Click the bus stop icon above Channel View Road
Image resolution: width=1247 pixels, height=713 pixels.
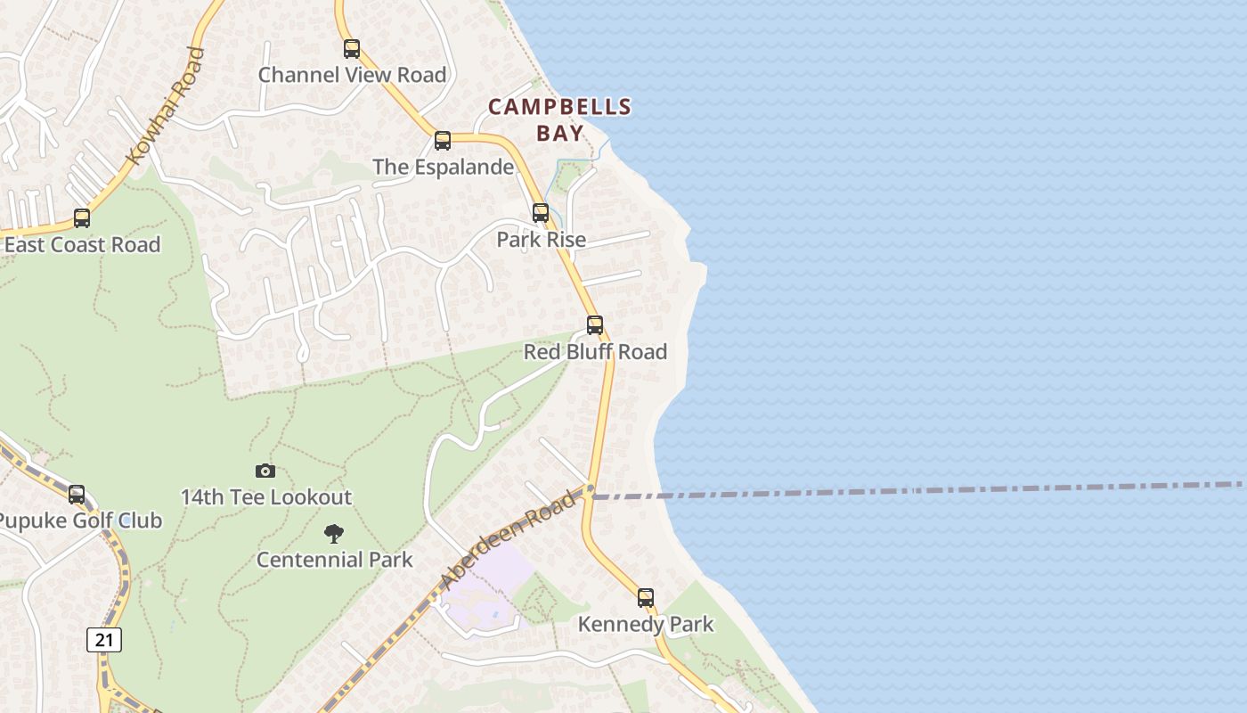pyautogui.click(x=352, y=49)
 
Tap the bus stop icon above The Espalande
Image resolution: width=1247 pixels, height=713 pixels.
pyautogui.click(x=443, y=141)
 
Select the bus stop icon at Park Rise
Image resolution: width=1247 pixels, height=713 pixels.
pyautogui.click(x=541, y=213)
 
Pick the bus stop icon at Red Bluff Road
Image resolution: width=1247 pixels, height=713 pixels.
pyautogui.click(x=595, y=325)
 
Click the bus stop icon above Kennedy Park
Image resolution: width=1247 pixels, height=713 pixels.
pyautogui.click(x=646, y=598)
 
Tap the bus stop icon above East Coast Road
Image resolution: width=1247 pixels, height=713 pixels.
pyautogui.click(x=82, y=218)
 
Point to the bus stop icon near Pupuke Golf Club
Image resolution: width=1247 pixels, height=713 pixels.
pyautogui.click(x=77, y=495)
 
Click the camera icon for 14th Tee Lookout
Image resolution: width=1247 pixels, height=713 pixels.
pyautogui.click(x=265, y=471)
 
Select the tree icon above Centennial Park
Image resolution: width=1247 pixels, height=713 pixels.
pyautogui.click(x=334, y=534)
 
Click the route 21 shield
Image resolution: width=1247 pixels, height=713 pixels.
pyautogui.click(x=104, y=639)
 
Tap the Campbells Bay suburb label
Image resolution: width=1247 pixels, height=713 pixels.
pyautogui.click(x=559, y=119)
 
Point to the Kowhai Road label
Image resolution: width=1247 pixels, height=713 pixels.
pyautogui.click(x=167, y=105)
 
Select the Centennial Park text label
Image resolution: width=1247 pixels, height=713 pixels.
pyautogui.click(x=334, y=560)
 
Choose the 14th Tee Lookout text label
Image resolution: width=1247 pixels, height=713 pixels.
pyautogui.click(x=266, y=496)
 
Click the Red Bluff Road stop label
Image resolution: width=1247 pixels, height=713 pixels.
pyautogui.click(x=595, y=351)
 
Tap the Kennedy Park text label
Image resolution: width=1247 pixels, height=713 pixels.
pyautogui.click(x=646, y=624)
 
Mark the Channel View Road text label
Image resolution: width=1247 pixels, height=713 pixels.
pyautogui.click(x=352, y=75)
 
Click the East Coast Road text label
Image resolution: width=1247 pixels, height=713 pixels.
pyautogui.click(x=82, y=244)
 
